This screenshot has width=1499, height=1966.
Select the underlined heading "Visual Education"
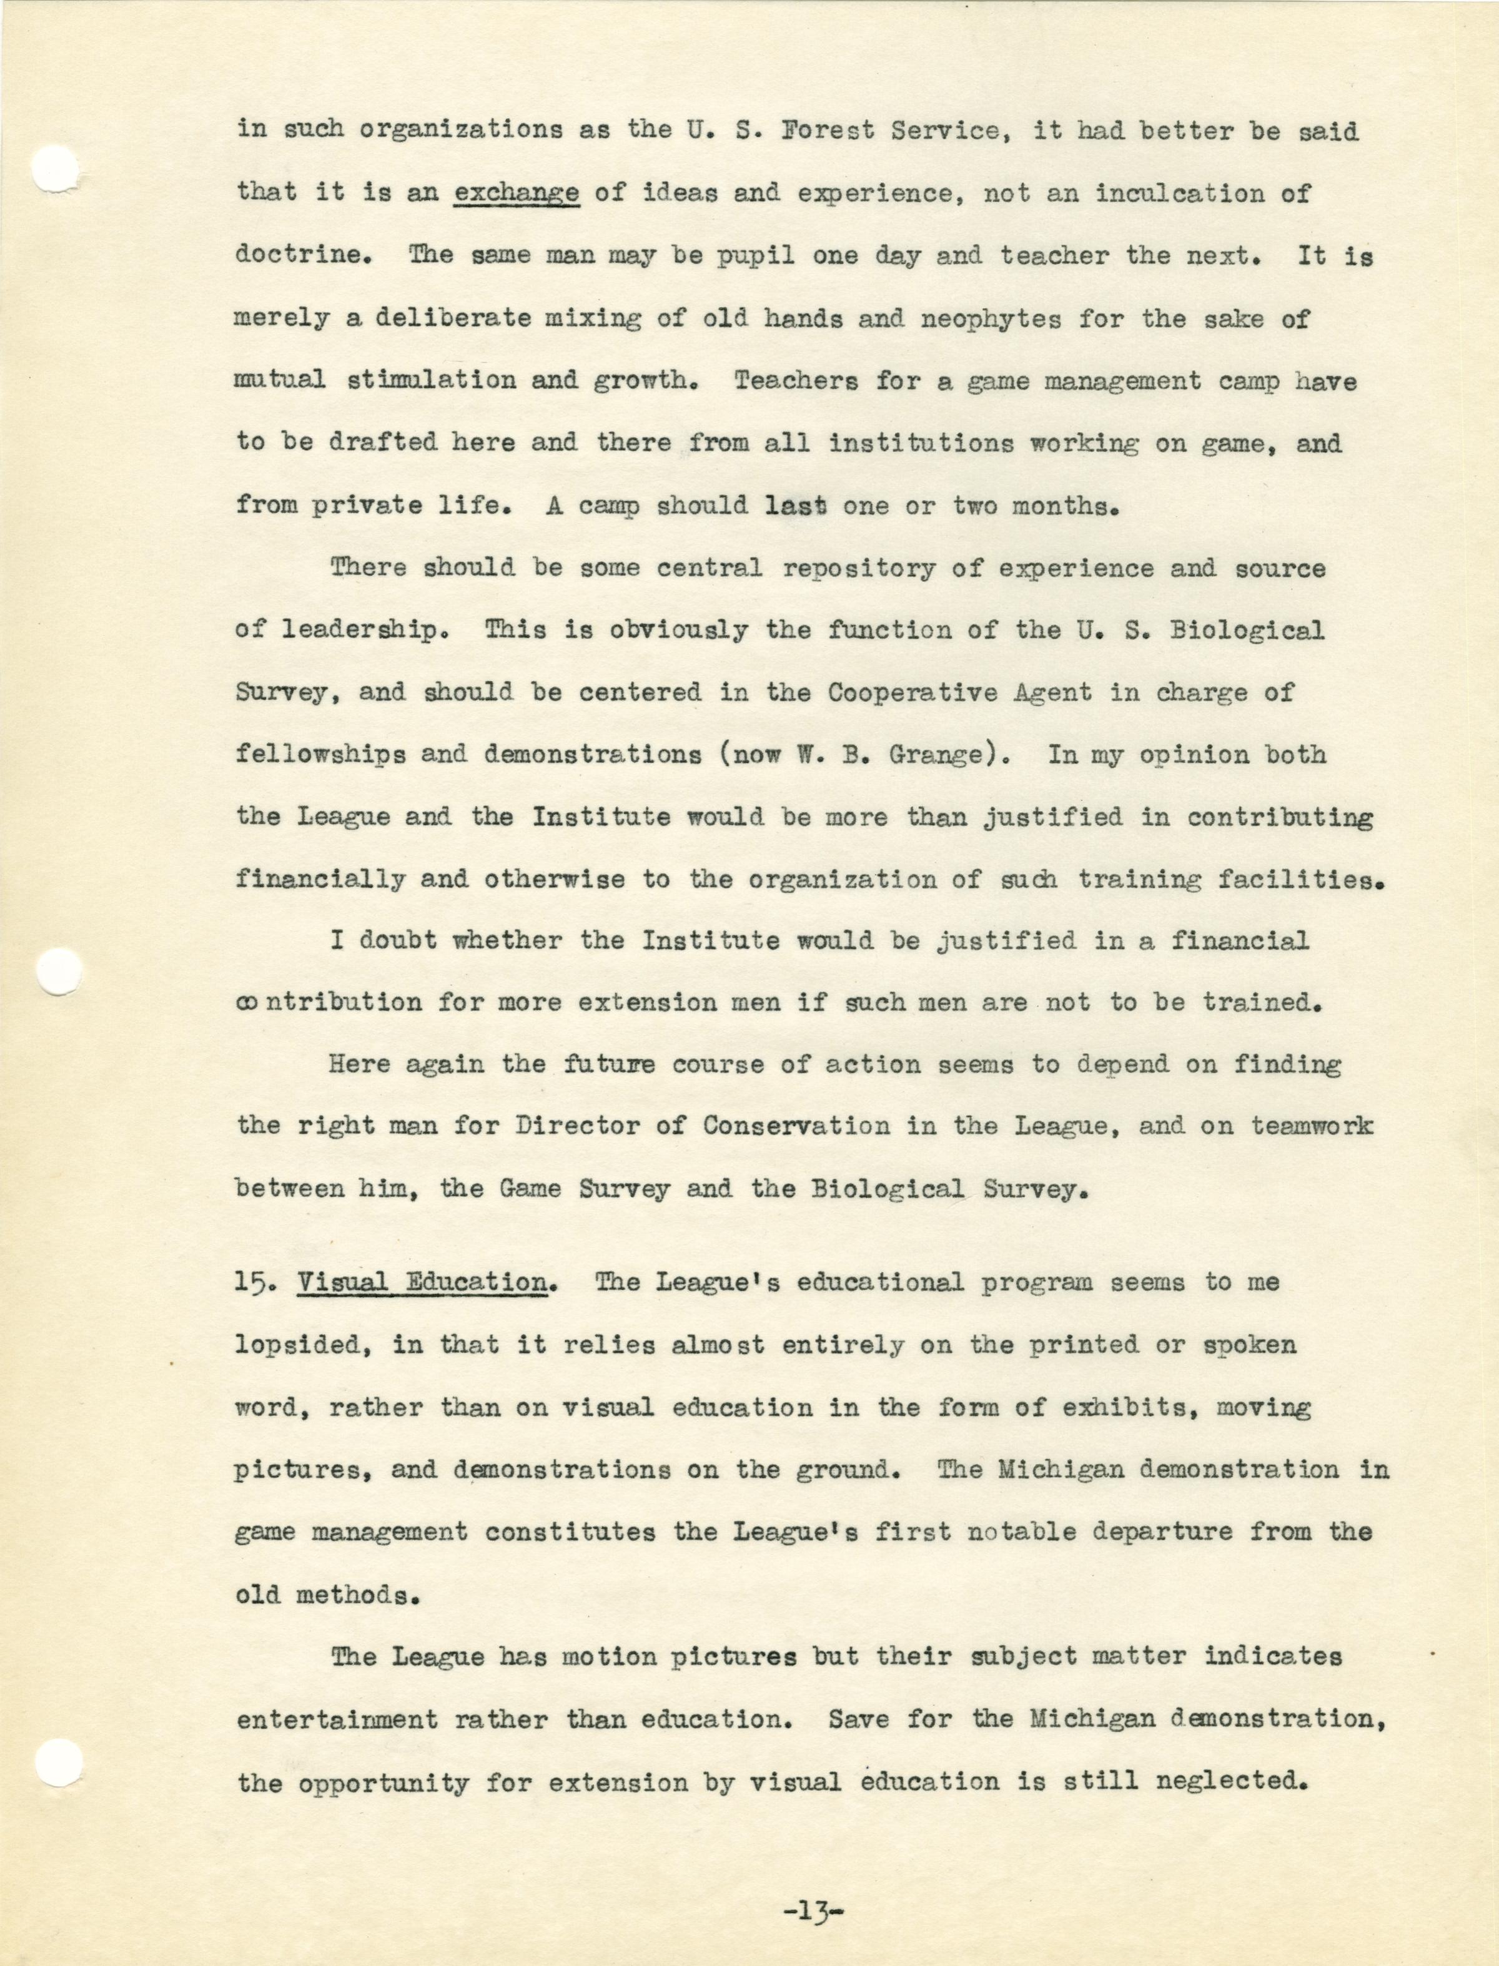422,1284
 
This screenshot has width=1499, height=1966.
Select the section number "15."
257,1284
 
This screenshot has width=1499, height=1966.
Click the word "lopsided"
302,1346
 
